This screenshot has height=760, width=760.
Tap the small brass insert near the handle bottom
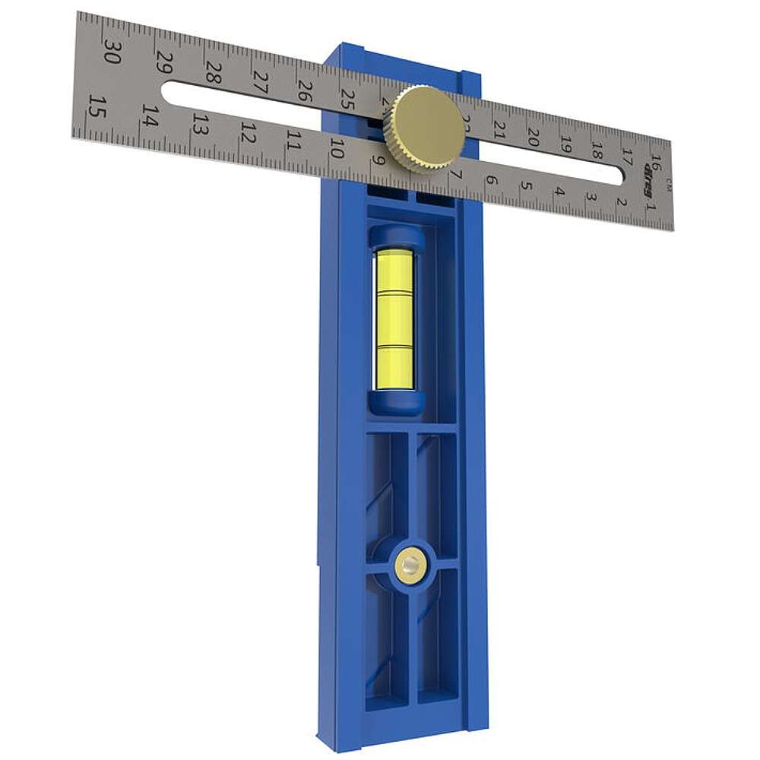click(x=410, y=564)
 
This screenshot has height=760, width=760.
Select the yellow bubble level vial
click(x=394, y=319)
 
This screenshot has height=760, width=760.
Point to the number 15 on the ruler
click(x=95, y=106)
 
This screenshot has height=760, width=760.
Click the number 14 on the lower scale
click(x=150, y=116)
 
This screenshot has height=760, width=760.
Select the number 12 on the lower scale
click(x=247, y=134)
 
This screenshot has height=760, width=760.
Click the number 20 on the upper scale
click(x=533, y=137)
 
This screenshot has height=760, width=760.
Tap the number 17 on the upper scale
click(x=626, y=156)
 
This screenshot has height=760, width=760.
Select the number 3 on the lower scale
click(x=591, y=197)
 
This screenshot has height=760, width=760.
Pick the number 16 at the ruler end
click(x=655, y=163)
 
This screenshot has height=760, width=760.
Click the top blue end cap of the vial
click(x=396, y=238)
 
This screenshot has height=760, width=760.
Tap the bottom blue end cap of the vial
click(x=396, y=403)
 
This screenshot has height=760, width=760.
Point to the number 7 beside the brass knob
click(x=455, y=174)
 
